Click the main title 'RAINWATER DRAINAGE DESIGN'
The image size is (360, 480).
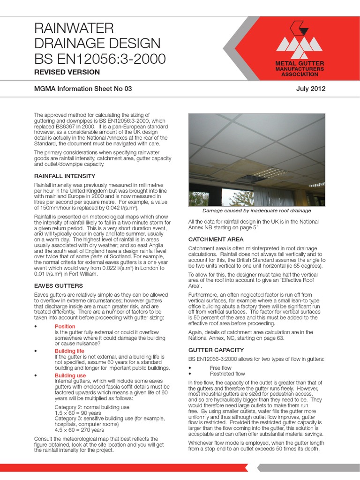tap(97, 36)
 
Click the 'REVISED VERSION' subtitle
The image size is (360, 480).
tap(67, 72)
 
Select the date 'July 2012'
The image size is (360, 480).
tap(311, 89)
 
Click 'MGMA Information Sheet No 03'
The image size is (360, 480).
tap(83, 89)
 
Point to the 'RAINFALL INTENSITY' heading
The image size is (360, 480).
tap(65, 176)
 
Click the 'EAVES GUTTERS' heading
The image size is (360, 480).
tap(59, 285)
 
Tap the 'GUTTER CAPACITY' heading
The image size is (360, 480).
tap(216, 350)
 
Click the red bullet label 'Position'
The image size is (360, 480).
tap(65, 326)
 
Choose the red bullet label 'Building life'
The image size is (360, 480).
tap(69, 351)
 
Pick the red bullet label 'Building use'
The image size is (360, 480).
tap(70, 376)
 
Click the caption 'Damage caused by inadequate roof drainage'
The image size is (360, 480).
tap(256, 211)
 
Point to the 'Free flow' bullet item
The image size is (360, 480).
tap(220, 368)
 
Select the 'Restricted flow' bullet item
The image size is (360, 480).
tap(227, 374)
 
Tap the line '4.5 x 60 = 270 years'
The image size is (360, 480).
tap(79, 430)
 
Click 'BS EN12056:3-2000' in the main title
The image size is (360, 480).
tap(100, 59)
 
